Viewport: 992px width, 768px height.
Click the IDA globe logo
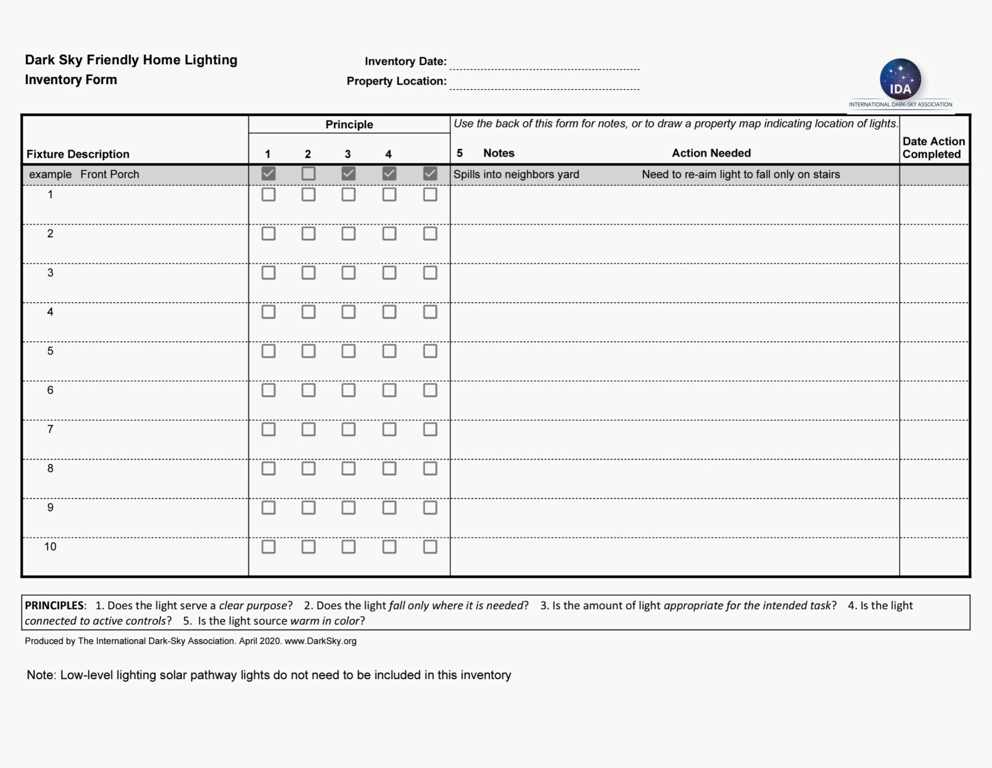tap(900, 79)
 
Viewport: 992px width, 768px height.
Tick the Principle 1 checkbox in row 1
tap(268, 194)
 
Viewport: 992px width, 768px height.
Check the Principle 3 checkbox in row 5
tap(349, 351)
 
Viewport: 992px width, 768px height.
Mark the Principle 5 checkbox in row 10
tap(430, 546)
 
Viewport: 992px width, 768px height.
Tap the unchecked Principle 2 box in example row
tap(308, 174)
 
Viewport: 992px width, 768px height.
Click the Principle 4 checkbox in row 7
tap(389, 429)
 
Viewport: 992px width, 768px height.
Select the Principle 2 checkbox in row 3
tap(308, 273)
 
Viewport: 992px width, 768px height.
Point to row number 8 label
tap(50, 468)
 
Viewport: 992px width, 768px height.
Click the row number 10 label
tap(50, 546)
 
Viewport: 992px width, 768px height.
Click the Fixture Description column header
tap(78, 154)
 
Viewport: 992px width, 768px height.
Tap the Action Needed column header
tap(711, 153)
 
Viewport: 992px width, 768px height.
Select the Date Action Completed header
tap(933, 148)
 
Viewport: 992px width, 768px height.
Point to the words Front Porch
tap(109, 175)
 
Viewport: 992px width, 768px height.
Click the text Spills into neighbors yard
tap(516, 175)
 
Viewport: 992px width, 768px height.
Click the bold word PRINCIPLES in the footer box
tap(54, 605)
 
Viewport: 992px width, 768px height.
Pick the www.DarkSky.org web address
tap(320, 641)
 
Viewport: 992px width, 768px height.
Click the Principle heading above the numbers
tap(349, 125)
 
